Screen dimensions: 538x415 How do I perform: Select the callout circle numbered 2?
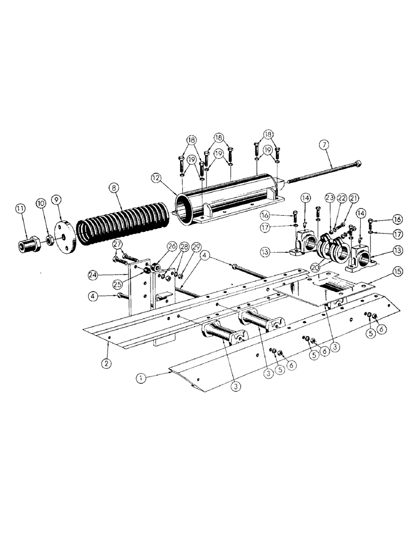click(106, 363)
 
